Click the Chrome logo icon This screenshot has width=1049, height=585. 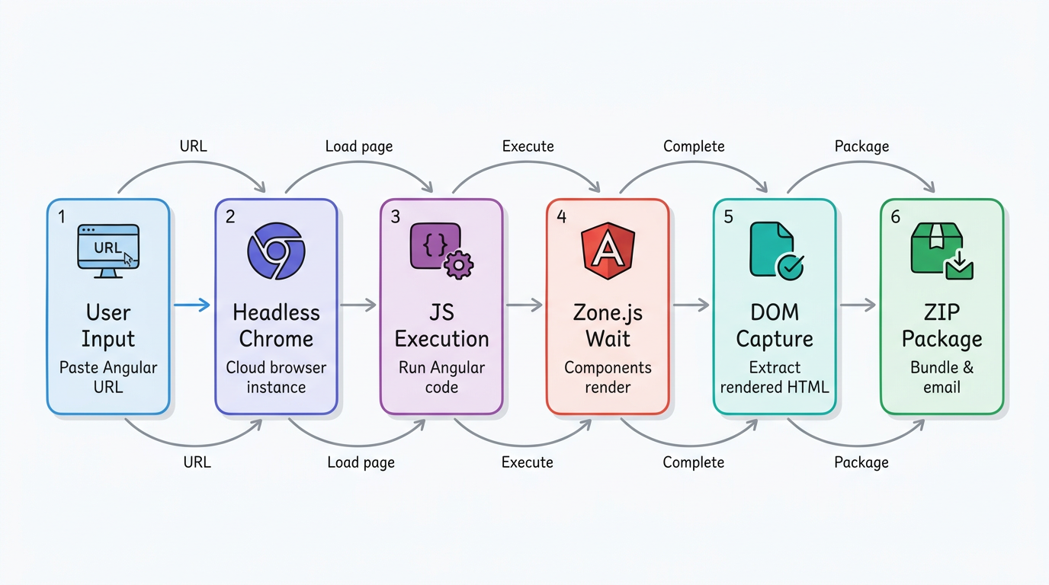[x=276, y=251]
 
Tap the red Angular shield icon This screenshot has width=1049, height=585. [x=608, y=251]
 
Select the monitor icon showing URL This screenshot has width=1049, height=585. [x=108, y=251]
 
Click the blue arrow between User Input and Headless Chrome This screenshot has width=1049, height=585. [x=191, y=305]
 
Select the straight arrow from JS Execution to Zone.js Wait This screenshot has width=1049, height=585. [x=524, y=305]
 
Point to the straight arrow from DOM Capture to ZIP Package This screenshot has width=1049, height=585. [x=858, y=305]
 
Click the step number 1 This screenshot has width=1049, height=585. [x=62, y=217]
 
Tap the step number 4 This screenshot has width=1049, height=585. [x=562, y=217]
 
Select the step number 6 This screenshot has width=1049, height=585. [x=896, y=217]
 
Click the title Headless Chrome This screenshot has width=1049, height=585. [x=276, y=325]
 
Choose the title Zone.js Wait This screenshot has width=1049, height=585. [x=608, y=325]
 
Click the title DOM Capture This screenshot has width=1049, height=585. [x=775, y=325]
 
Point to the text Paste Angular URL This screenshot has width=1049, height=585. [x=108, y=377]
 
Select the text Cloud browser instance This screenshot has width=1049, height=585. [x=276, y=377]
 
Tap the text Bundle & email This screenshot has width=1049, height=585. [x=942, y=377]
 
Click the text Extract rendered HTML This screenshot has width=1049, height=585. [x=775, y=377]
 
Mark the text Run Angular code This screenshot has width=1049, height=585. [x=441, y=377]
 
